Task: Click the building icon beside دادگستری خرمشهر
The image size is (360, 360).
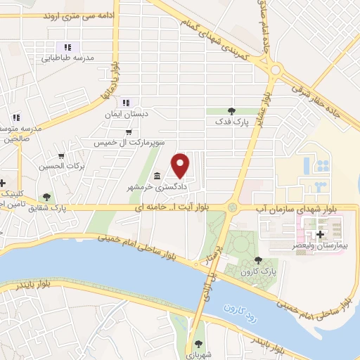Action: [x=156, y=176]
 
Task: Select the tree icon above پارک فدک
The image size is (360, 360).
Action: [x=232, y=110]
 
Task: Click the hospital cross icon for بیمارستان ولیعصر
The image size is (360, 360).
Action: [x=321, y=234]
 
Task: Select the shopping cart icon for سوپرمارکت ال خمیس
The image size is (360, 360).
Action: [x=127, y=131]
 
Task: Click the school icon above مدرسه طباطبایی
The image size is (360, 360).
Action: [x=60, y=46]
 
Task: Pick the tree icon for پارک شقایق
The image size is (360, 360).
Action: [x=46, y=198]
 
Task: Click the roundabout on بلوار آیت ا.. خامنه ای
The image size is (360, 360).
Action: [x=231, y=207]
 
